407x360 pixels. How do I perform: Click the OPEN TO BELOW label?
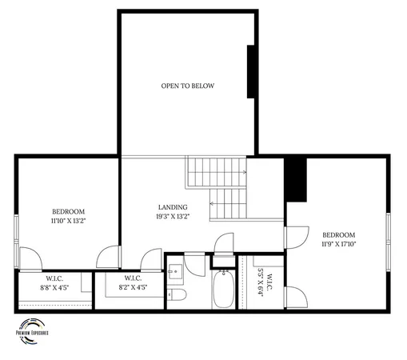(x=187, y=86)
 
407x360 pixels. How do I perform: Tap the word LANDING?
(x=172, y=206)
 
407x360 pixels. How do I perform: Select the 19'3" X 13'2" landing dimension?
(x=172, y=216)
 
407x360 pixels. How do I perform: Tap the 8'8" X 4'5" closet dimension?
(x=54, y=287)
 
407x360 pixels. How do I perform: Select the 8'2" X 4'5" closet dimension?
(x=132, y=287)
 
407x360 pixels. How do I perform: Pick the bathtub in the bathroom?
(x=222, y=291)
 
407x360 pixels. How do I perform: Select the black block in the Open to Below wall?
(x=251, y=71)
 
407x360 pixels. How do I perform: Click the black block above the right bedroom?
(x=296, y=180)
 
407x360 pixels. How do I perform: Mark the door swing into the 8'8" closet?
(x=30, y=260)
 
